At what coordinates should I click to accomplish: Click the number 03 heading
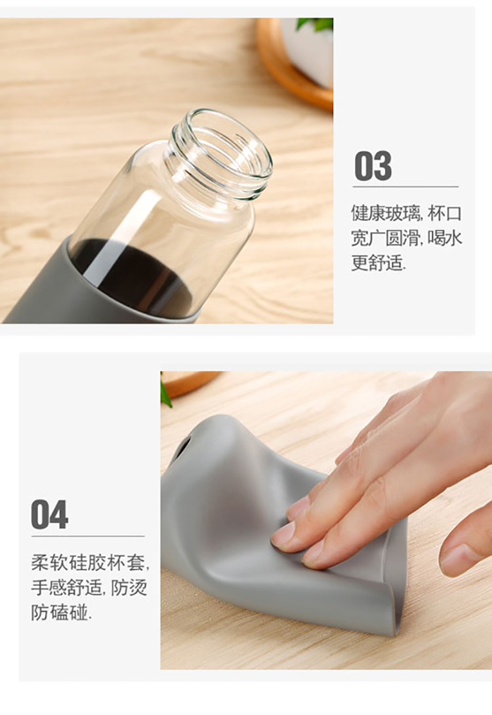373,166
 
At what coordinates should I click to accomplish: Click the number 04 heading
50,514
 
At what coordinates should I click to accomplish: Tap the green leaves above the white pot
315,23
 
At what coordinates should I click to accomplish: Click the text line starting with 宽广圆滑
407,238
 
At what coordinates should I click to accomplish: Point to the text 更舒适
379,263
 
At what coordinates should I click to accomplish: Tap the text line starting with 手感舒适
89,587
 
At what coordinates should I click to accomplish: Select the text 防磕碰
61,612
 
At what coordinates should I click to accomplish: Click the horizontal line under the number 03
405,187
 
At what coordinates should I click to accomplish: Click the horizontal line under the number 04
88,536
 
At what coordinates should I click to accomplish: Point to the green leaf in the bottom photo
165,391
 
